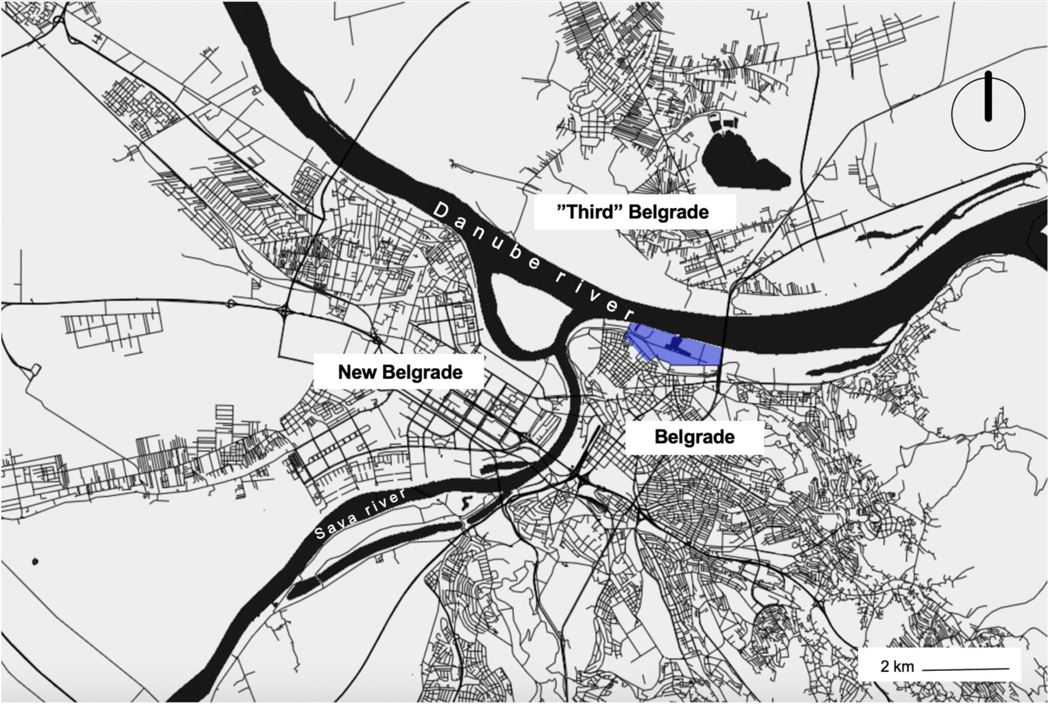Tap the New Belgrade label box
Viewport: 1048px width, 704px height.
399,372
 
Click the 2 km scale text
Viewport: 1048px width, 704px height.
897,666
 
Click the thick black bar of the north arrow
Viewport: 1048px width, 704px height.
988,97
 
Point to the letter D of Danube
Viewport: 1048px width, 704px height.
442,210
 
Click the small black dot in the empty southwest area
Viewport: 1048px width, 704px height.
35,561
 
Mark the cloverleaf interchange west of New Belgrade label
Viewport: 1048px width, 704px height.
285,310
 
